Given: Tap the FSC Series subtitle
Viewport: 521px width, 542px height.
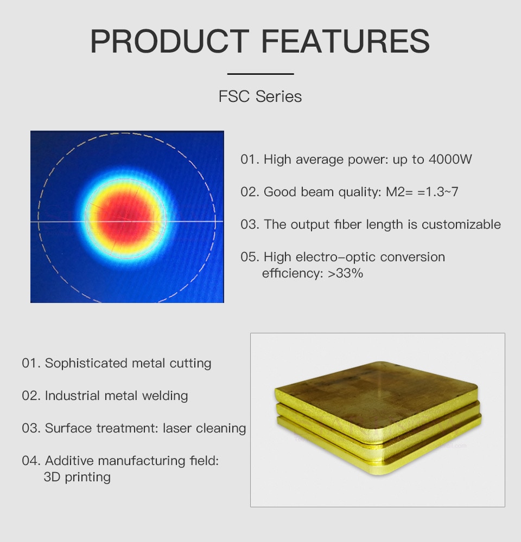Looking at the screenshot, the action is click(x=260, y=96).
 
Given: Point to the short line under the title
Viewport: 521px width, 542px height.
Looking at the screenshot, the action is click(x=260, y=74).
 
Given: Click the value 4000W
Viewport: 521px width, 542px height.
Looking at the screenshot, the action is click(x=450, y=159).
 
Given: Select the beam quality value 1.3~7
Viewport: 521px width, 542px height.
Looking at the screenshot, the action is click(x=442, y=192).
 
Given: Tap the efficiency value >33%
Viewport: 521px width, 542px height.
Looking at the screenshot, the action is click(x=345, y=273).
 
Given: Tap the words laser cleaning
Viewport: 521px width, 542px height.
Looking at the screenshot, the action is click(x=204, y=428).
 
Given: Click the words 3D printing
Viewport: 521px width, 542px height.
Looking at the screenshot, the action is click(x=77, y=477).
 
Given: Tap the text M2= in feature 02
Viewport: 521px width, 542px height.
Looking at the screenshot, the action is click(x=399, y=192).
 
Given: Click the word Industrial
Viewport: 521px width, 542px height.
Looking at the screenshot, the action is click(x=72, y=396).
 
